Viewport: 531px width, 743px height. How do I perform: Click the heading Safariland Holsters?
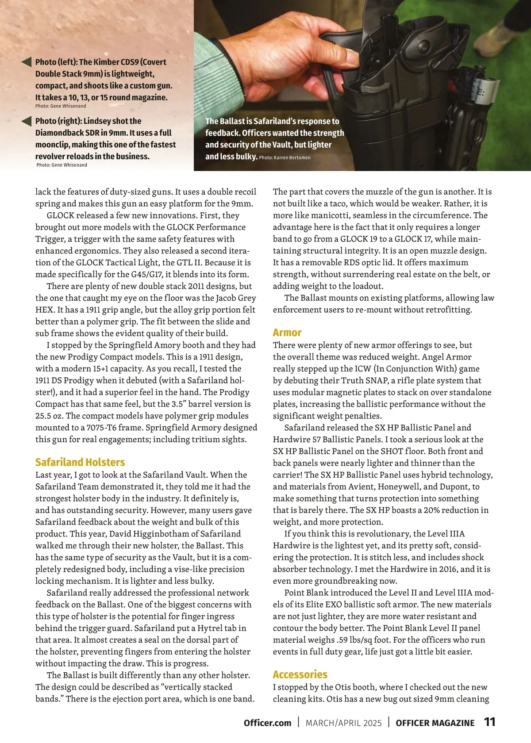pyautogui.click(x=80, y=462)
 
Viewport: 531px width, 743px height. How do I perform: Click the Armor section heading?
pyautogui.click(x=287, y=333)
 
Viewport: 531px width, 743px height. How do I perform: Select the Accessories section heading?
pyautogui.click(x=300, y=674)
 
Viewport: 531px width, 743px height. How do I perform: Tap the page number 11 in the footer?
pyautogui.click(x=489, y=722)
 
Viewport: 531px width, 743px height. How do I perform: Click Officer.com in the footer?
pyautogui.click(x=267, y=723)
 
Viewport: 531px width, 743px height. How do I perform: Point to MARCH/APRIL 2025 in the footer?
pyautogui.click(x=343, y=723)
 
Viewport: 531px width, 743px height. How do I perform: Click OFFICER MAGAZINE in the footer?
pyautogui.click(x=435, y=723)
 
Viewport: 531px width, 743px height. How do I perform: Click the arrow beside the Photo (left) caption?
pyautogui.click(x=26, y=62)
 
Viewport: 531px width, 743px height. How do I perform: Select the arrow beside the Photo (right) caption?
pyautogui.click(x=26, y=121)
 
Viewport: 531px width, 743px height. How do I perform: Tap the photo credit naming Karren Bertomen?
pyautogui.click(x=285, y=157)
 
